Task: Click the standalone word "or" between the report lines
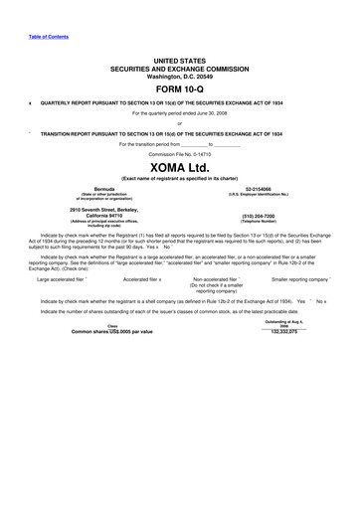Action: click(x=179, y=123)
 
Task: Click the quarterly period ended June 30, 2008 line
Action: click(x=179, y=113)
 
